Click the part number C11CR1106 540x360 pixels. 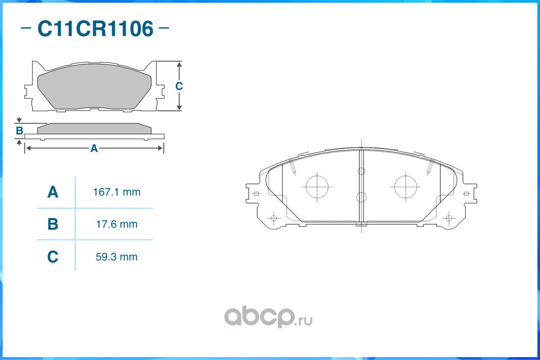[95, 28]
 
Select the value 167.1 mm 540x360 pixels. [117, 192]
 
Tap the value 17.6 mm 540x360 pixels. [117, 225]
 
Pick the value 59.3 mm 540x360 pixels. [117, 257]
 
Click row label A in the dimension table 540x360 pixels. [53, 192]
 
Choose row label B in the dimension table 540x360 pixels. [53, 224]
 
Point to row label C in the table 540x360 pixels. [53, 257]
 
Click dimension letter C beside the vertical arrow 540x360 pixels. [179, 86]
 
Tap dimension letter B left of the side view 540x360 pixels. [19, 131]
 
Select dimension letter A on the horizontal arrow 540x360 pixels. [94, 148]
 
